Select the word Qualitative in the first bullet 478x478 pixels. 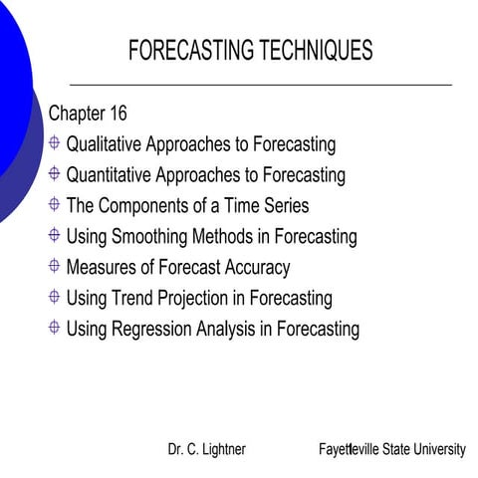point(103,144)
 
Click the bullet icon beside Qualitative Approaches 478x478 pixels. point(54,143)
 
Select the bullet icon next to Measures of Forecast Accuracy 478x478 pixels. point(54,266)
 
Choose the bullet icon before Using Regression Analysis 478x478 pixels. point(54,328)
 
